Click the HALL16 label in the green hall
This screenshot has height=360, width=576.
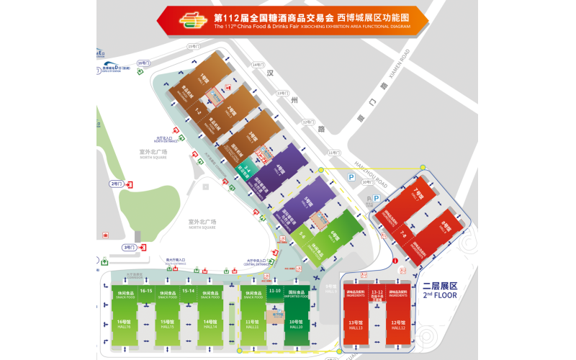pos(124,325)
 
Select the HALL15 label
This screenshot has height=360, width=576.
pos(168,325)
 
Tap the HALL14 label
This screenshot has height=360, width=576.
pos(210,325)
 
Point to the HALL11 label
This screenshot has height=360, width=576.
pos(252,325)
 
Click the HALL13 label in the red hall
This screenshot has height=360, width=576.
pos(355,326)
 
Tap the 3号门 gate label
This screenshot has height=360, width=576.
pos(129,247)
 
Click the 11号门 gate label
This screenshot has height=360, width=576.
pos(333,153)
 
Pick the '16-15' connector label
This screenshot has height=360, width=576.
pos(146,291)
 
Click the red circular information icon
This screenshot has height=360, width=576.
pos(395,260)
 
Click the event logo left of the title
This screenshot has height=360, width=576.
pos(192,22)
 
